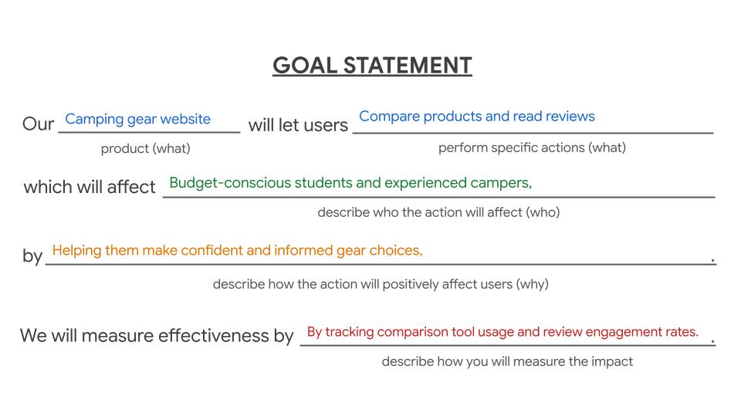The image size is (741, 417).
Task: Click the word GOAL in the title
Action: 305,65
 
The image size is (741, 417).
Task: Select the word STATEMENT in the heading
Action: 408,65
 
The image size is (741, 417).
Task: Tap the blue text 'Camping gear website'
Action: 138,119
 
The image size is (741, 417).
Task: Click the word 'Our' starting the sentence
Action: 39,124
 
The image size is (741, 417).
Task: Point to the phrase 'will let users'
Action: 298,125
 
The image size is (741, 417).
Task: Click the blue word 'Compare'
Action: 389,117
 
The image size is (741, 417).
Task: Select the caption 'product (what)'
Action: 146,148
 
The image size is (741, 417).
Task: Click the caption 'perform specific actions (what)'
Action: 532,147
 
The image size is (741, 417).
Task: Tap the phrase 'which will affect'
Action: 90,187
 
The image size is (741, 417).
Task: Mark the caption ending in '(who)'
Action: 438,212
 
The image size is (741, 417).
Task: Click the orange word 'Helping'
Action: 77,250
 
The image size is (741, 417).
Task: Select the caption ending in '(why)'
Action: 381,284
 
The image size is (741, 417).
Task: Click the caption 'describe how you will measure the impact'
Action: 507,361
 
